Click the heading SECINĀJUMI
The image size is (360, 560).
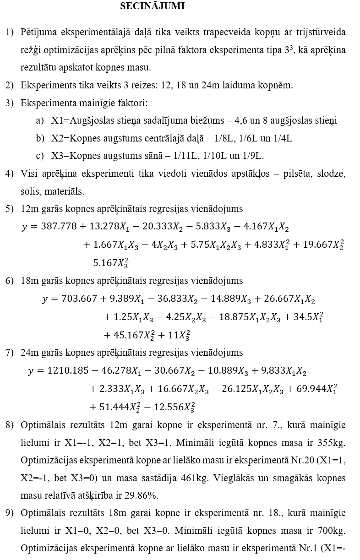click(x=153, y=6)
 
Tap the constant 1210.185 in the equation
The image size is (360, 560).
click(x=69, y=371)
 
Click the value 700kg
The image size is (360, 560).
click(x=333, y=531)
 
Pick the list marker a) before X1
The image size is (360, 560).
click(x=40, y=121)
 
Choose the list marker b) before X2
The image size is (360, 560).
click(x=40, y=139)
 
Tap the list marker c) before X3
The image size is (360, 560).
click(x=40, y=156)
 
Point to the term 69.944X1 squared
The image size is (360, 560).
click(x=314, y=389)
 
